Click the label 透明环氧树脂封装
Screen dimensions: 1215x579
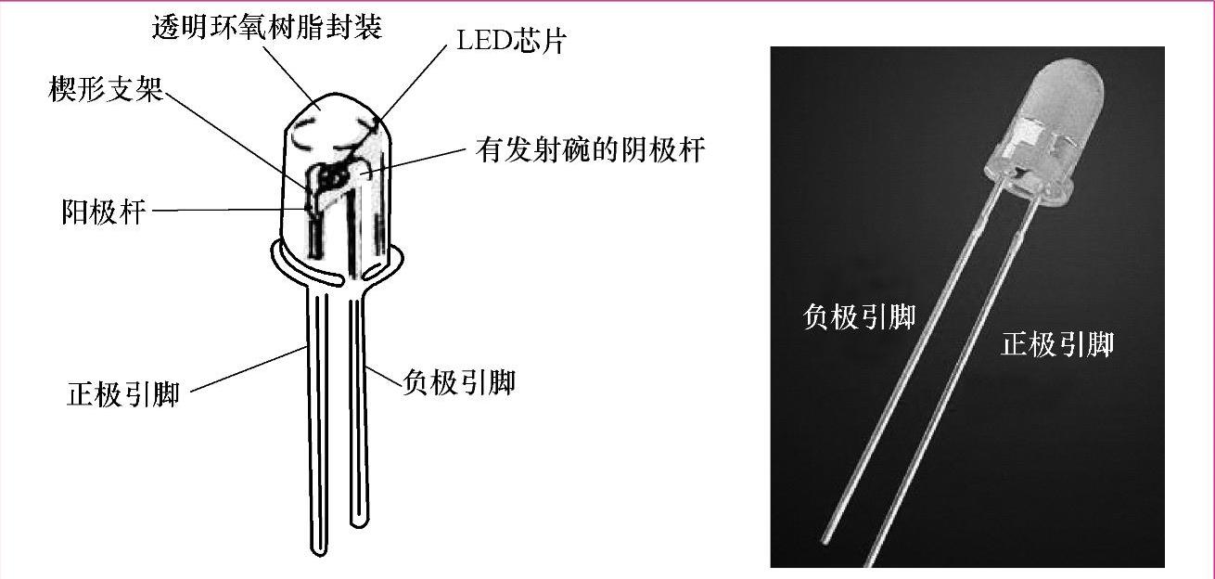[x=267, y=27]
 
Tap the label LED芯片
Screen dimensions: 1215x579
[x=509, y=42]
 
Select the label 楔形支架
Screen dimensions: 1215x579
[x=105, y=90]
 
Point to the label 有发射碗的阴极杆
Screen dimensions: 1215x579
[x=590, y=150]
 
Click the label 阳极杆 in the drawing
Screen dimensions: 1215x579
[x=103, y=212]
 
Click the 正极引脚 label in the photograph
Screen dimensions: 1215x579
[x=1057, y=345]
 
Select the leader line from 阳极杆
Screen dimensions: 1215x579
[x=232, y=211]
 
